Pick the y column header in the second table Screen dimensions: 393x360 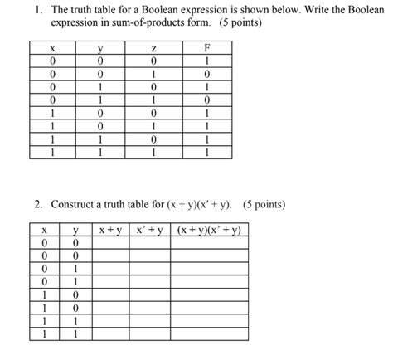tap(75, 231)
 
